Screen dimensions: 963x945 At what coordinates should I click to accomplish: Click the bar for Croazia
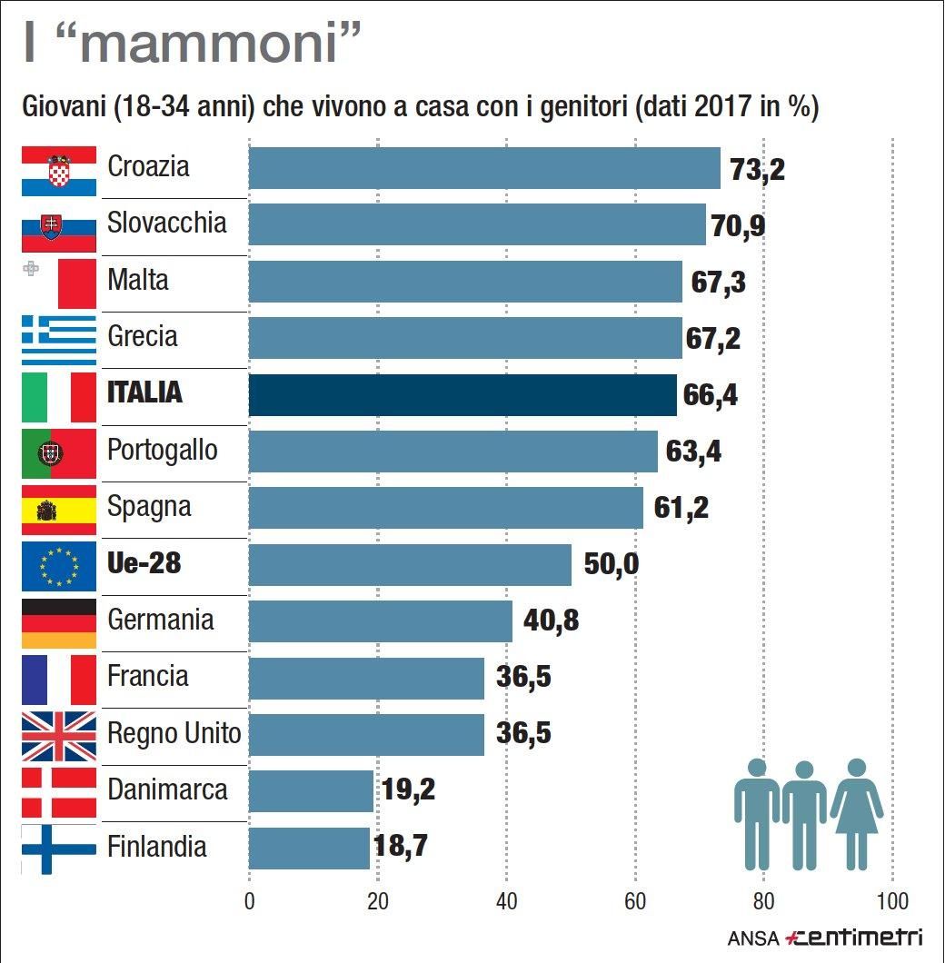coord(483,168)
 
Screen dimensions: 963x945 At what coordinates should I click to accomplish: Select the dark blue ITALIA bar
coord(462,395)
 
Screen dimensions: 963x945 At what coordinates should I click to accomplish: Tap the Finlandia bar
coord(309,848)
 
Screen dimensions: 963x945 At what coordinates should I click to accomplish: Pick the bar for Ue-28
coord(410,565)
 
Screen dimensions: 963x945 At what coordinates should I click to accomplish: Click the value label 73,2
coord(757,169)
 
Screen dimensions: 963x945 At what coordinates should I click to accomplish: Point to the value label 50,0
coord(611,565)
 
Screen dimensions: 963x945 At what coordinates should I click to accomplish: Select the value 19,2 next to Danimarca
coord(408,790)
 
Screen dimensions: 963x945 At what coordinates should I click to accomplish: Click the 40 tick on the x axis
coord(506,902)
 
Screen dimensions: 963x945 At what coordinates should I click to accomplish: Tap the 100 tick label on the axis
coord(892,902)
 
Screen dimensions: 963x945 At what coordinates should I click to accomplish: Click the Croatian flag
coord(58,171)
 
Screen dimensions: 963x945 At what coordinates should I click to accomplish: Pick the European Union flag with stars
coord(58,565)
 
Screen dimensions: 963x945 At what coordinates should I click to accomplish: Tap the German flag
coord(58,622)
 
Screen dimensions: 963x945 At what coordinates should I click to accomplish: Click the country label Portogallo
coord(163,450)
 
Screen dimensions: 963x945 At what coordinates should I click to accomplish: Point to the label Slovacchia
coord(166,223)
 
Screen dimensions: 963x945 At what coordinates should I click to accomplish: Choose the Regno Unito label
coord(174,733)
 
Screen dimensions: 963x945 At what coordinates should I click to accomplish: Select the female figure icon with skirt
coord(856,814)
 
